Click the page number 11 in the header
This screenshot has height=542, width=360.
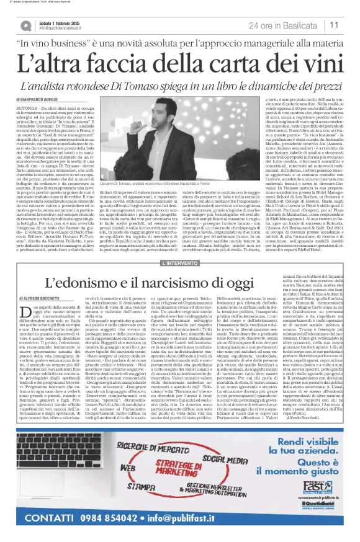coord(335,24)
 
